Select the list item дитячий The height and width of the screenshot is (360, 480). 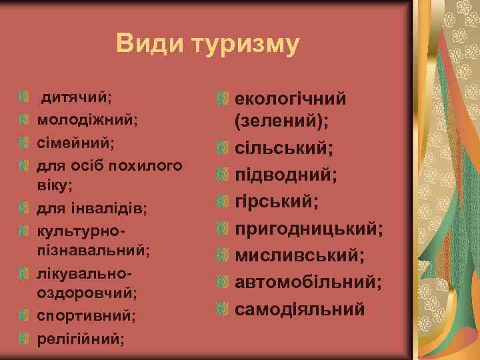click(77, 97)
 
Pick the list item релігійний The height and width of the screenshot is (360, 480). click(81, 336)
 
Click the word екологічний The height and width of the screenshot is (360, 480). click(290, 99)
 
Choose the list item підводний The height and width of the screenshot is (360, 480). click(285, 175)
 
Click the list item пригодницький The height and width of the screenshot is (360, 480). click(309, 229)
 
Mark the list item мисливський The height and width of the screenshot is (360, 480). click(299, 255)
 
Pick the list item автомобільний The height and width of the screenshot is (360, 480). click(308, 282)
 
